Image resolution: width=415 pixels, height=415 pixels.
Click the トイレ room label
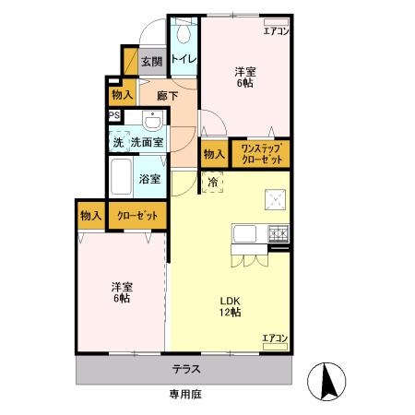[182, 61]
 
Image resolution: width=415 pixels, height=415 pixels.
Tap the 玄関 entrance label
[152, 63]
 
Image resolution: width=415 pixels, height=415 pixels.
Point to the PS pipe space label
[114, 115]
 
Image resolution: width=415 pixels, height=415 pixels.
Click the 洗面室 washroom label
[146, 142]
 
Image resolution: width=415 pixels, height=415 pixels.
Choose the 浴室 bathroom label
[149, 179]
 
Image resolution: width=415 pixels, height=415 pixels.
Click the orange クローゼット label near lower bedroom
[136, 215]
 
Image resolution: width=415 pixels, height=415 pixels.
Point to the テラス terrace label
[186, 369]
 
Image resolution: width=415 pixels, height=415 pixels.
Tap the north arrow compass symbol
[327, 381]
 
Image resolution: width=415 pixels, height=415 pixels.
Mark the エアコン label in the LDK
[274, 338]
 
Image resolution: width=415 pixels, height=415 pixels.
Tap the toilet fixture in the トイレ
[182, 34]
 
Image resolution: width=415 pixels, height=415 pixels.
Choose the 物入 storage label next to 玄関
[122, 94]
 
